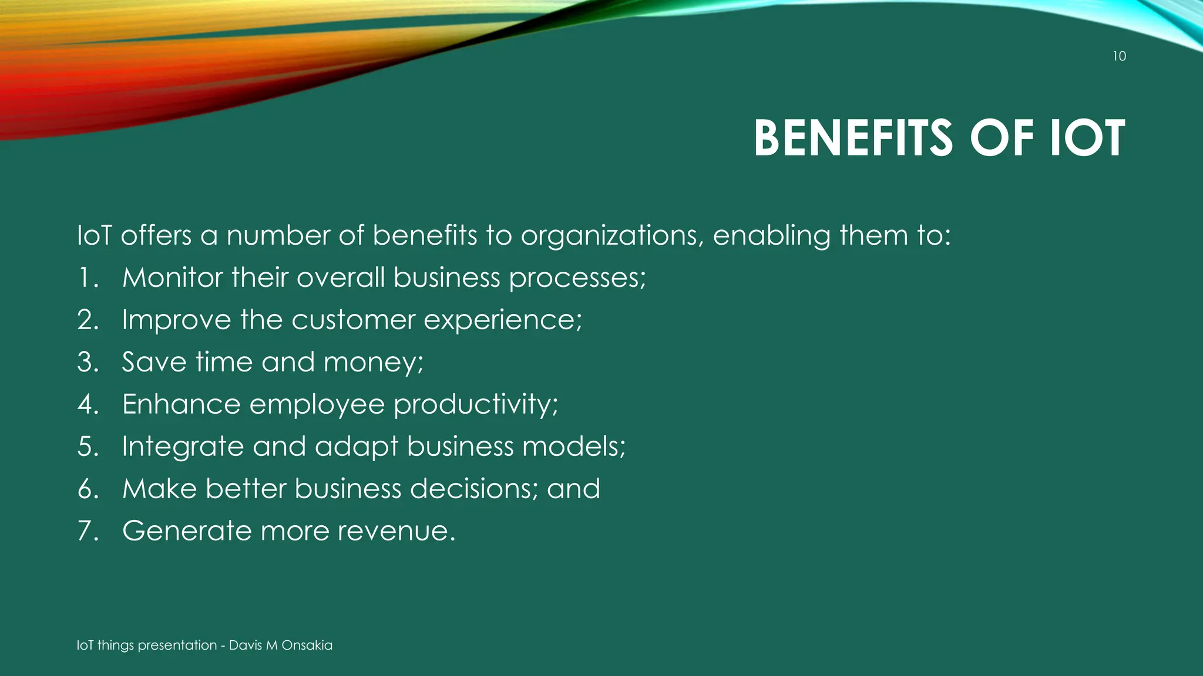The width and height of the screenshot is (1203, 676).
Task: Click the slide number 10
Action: tap(1119, 56)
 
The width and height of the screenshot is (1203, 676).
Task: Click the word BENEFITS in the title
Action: tap(853, 138)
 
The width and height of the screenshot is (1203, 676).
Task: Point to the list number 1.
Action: tap(87, 278)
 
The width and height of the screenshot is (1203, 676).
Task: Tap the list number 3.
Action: tap(88, 362)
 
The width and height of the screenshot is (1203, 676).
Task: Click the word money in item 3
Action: tap(372, 363)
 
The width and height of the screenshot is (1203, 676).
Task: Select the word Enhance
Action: tap(181, 404)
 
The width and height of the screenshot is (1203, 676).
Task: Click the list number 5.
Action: tap(88, 447)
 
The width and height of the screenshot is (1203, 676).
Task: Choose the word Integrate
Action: tap(183, 447)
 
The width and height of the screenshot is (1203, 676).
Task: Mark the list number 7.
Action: tap(88, 531)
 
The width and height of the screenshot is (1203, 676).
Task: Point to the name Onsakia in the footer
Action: tap(307, 645)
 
